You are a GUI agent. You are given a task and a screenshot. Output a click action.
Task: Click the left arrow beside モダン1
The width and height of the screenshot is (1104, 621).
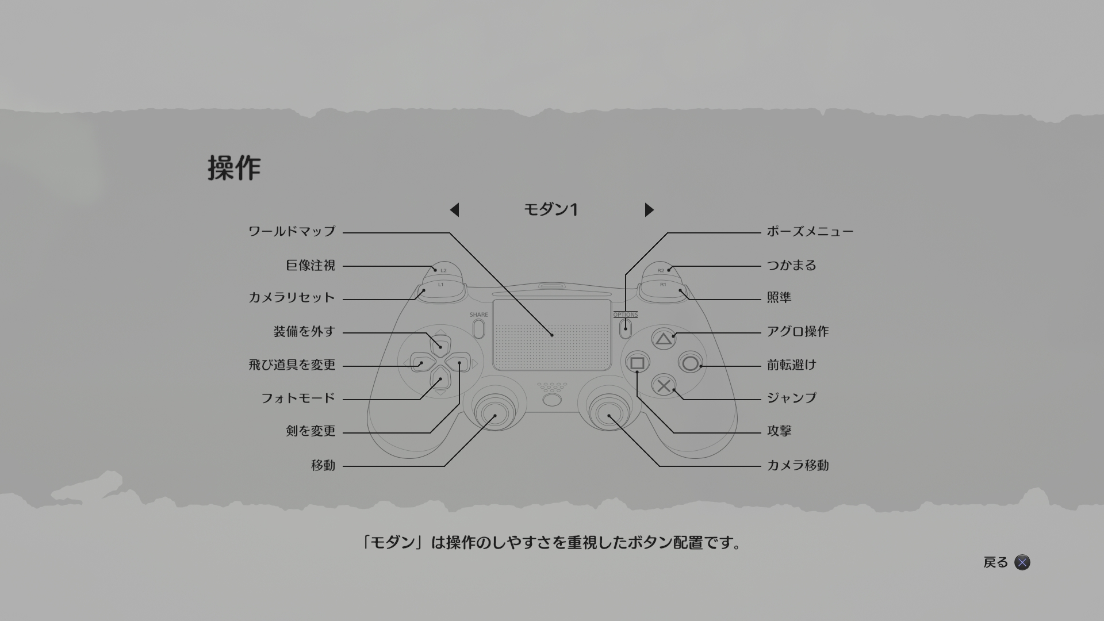pyautogui.click(x=454, y=210)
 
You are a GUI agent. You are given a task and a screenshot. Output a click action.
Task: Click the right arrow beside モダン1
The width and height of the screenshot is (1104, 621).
pyautogui.click(x=649, y=210)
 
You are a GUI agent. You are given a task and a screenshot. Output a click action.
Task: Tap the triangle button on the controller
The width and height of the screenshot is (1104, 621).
pyautogui.click(x=664, y=339)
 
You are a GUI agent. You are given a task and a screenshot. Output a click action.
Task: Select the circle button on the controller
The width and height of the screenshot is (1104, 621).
pyautogui.click(x=691, y=363)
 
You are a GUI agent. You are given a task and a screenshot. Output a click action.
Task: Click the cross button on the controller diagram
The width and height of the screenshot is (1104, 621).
pyautogui.click(x=664, y=386)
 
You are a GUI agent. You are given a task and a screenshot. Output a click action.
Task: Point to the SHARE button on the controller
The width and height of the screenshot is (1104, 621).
pyautogui.click(x=478, y=328)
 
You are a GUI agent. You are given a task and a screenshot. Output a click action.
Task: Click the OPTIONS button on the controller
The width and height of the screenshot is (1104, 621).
pyautogui.click(x=626, y=328)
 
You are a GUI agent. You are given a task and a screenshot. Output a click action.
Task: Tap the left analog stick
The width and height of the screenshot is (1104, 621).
pyautogui.click(x=494, y=412)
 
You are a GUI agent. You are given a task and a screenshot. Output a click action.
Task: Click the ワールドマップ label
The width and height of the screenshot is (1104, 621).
pyautogui.click(x=292, y=232)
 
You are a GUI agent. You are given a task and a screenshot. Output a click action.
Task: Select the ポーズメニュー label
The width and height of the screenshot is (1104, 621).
pyautogui.click(x=810, y=232)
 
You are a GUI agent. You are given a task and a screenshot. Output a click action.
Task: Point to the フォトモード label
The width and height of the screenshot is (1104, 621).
pyautogui.click(x=298, y=398)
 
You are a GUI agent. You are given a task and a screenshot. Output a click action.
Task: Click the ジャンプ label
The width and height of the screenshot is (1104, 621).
pyautogui.click(x=792, y=398)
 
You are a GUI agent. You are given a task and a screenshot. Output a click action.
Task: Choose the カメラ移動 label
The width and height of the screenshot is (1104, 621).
pyautogui.click(x=798, y=465)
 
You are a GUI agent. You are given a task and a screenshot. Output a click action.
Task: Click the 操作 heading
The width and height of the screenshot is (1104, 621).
pyautogui.click(x=234, y=168)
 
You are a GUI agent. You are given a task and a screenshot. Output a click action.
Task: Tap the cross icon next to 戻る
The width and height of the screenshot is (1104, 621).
pyautogui.click(x=1022, y=562)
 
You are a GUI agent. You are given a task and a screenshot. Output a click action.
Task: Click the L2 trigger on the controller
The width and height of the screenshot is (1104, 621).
pyautogui.click(x=443, y=269)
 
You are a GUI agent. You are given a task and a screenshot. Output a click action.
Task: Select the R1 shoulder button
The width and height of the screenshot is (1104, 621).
pyautogui.click(x=662, y=289)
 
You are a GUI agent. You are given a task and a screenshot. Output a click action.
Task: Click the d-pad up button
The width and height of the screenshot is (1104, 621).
pyautogui.click(x=440, y=344)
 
